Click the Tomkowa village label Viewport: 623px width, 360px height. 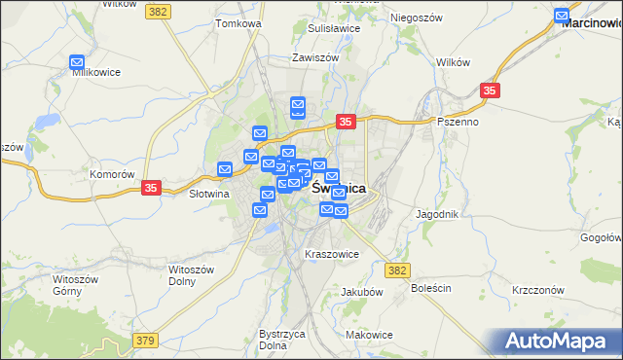(239, 22)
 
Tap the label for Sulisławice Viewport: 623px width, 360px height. (333, 28)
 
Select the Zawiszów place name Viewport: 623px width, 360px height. (314, 57)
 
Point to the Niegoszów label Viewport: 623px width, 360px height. (417, 18)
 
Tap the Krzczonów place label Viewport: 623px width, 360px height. (538, 291)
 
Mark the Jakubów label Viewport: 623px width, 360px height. (361, 291)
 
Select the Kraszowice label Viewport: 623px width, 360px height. (332, 254)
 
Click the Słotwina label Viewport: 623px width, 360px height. (180, 194)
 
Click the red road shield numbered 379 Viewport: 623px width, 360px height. (145, 340)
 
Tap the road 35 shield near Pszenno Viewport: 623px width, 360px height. (491, 90)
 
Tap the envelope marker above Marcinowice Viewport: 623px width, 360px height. (562, 16)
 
